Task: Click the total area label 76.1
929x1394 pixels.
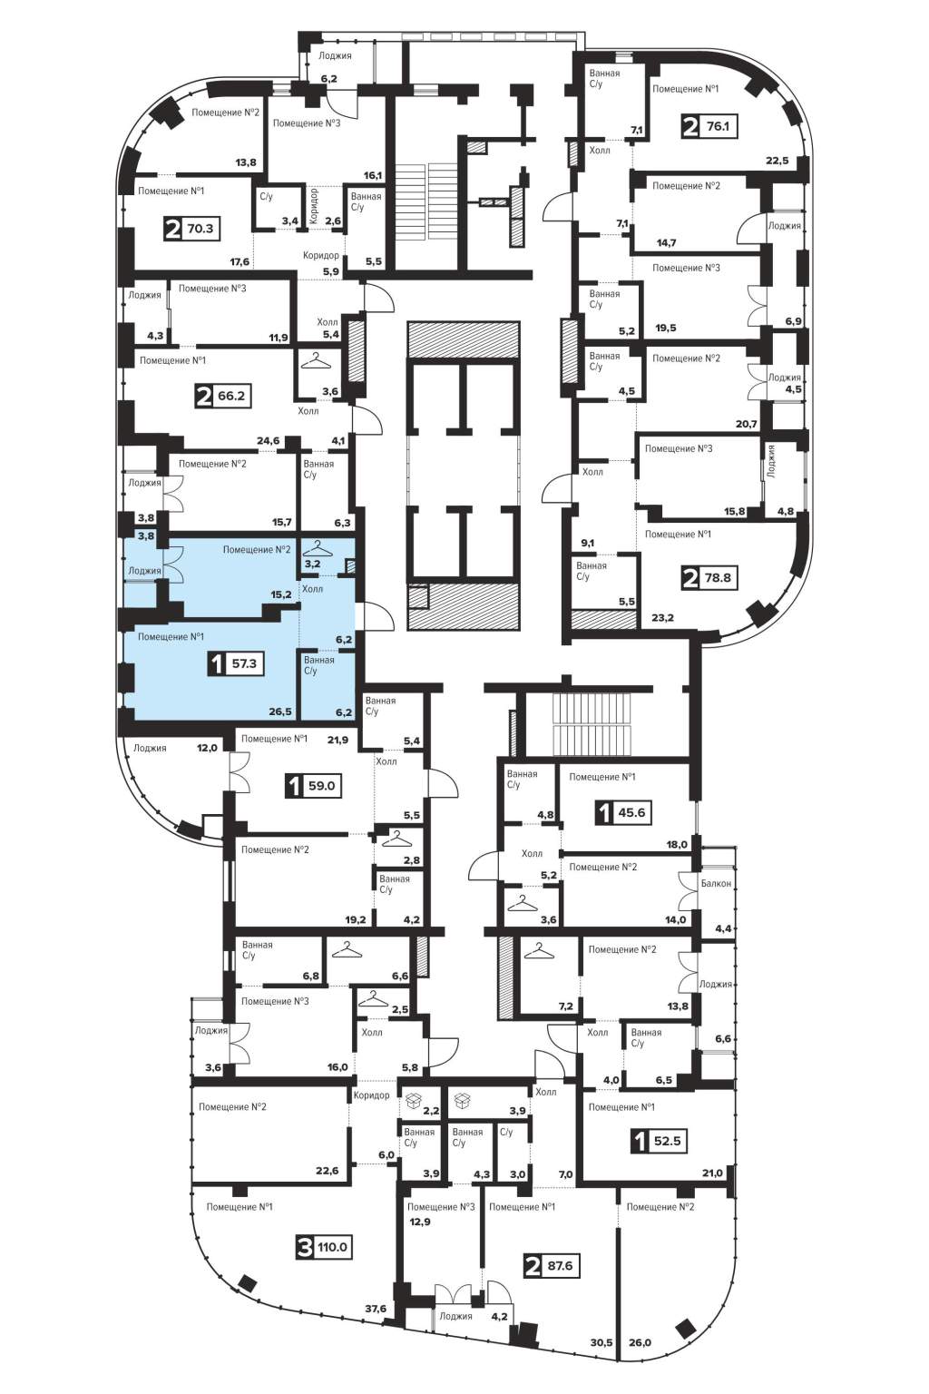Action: (718, 126)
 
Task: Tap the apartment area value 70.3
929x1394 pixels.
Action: (200, 229)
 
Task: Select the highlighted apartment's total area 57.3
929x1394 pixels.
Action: (244, 663)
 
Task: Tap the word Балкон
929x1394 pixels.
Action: (716, 883)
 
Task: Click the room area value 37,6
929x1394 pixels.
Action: (376, 1309)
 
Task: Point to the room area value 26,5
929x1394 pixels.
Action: (281, 712)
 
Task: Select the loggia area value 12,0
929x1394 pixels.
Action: (207, 748)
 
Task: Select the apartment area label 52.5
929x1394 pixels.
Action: (666, 1142)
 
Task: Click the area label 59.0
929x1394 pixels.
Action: (322, 786)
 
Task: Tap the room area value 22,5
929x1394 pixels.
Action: (777, 160)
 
